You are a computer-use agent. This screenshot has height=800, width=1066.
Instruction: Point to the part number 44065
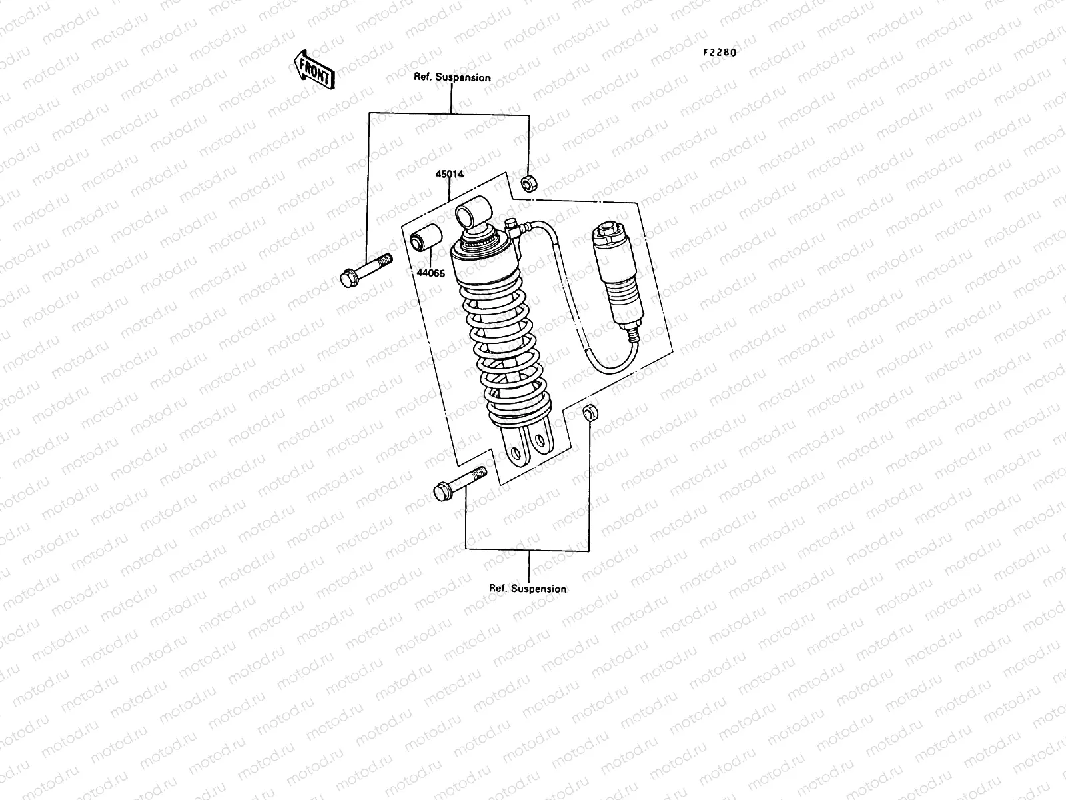(x=431, y=273)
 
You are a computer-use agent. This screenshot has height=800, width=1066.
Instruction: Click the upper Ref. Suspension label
(x=452, y=77)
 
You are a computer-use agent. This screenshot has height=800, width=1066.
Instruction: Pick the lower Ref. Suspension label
(x=528, y=589)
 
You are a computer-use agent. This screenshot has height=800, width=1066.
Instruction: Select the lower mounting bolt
(x=458, y=484)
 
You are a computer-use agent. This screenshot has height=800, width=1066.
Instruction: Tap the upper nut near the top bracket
(x=528, y=182)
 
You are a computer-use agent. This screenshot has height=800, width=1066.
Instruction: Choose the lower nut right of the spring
(x=589, y=412)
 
